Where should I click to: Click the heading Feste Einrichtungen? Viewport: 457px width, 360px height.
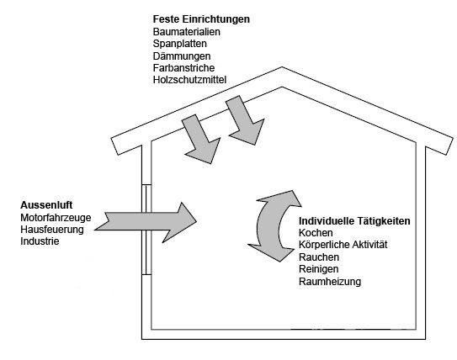click(x=201, y=19)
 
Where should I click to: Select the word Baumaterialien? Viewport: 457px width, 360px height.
click(x=187, y=32)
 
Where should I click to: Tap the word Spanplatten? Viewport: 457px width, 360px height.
click(x=180, y=44)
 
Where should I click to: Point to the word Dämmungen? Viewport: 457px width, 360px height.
click(x=182, y=56)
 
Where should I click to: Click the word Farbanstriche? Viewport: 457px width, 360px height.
click(x=183, y=68)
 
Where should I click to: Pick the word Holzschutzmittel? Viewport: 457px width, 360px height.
click(x=189, y=80)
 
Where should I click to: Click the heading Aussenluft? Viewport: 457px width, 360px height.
click(x=46, y=205)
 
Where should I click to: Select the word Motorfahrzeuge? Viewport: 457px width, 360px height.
click(x=56, y=218)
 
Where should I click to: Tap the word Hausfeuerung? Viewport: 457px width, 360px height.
click(x=52, y=230)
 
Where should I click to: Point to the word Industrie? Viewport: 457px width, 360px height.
click(x=40, y=241)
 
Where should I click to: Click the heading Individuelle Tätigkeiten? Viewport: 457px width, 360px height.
click(x=354, y=221)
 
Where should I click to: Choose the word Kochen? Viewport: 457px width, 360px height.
click(x=316, y=233)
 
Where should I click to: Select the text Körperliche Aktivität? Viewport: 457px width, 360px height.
click(x=343, y=245)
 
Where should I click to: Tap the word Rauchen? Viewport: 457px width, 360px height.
click(x=319, y=257)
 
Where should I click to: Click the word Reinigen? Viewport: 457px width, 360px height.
click(x=319, y=269)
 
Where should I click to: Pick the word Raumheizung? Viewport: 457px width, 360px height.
click(x=330, y=282)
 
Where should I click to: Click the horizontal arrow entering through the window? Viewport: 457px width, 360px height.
click(x=146, y=222)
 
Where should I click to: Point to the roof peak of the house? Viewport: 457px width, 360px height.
click(x=282, y=67)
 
